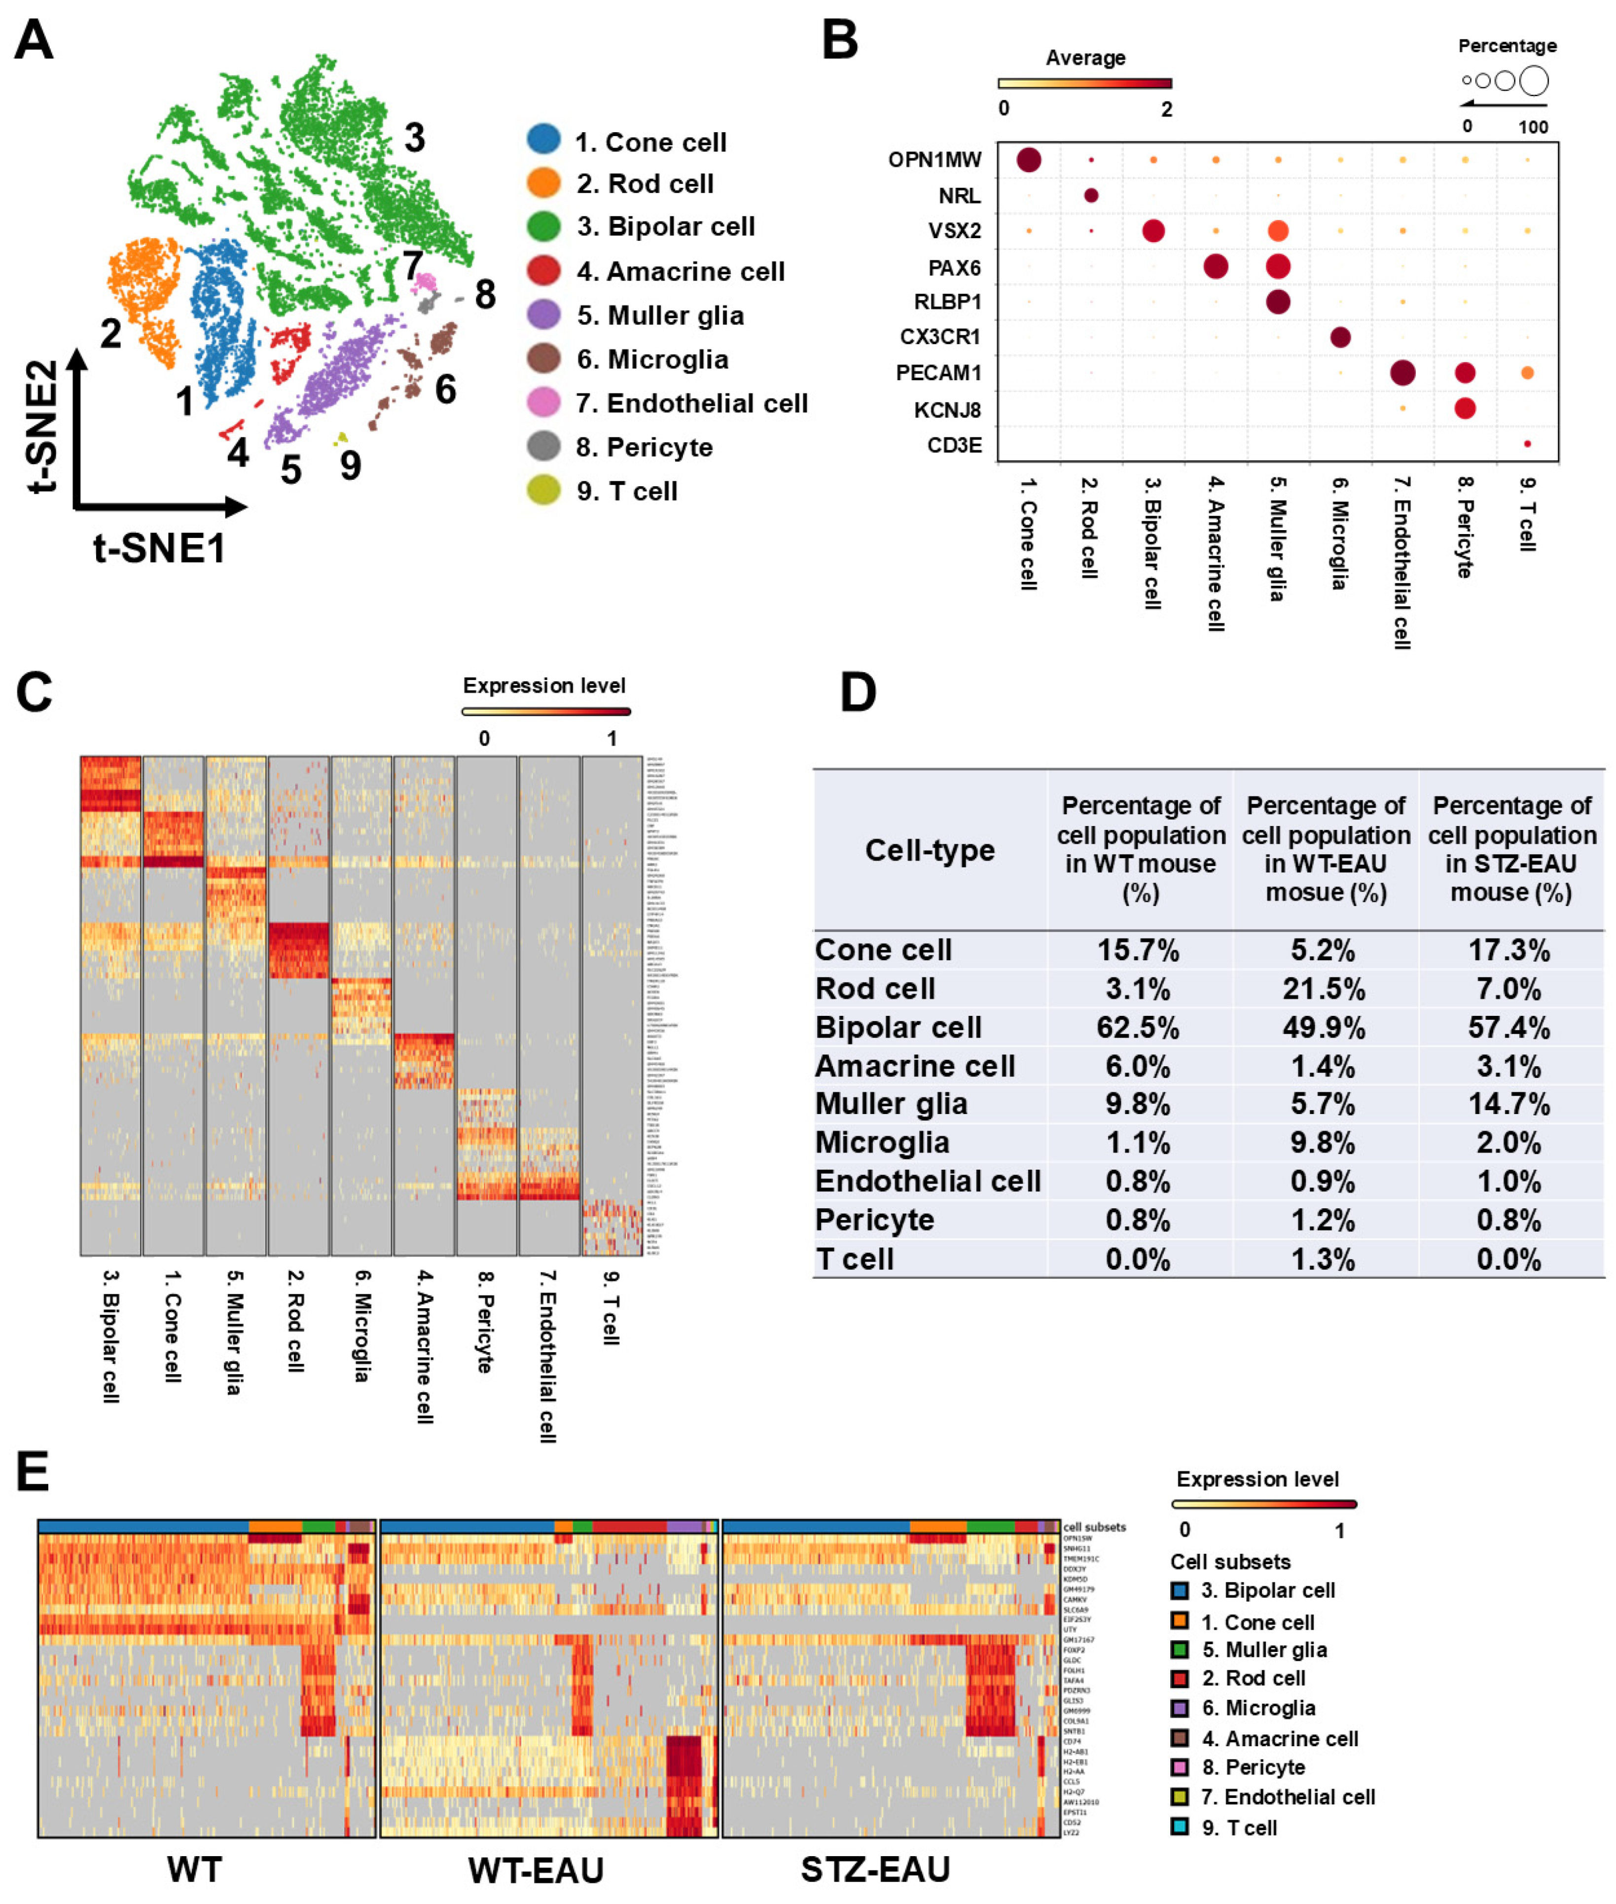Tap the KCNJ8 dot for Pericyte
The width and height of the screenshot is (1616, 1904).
[x=1464, y=409]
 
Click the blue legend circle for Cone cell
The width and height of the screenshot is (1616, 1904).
[x=543, y=140]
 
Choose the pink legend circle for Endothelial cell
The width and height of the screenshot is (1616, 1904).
[x=543, y=402]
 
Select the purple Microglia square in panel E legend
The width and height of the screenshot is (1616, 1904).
[x=1180, y=1708]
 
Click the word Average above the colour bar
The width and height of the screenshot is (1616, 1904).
[x=1085, y=58]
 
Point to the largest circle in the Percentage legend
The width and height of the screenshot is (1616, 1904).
[x=1534, y=81]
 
